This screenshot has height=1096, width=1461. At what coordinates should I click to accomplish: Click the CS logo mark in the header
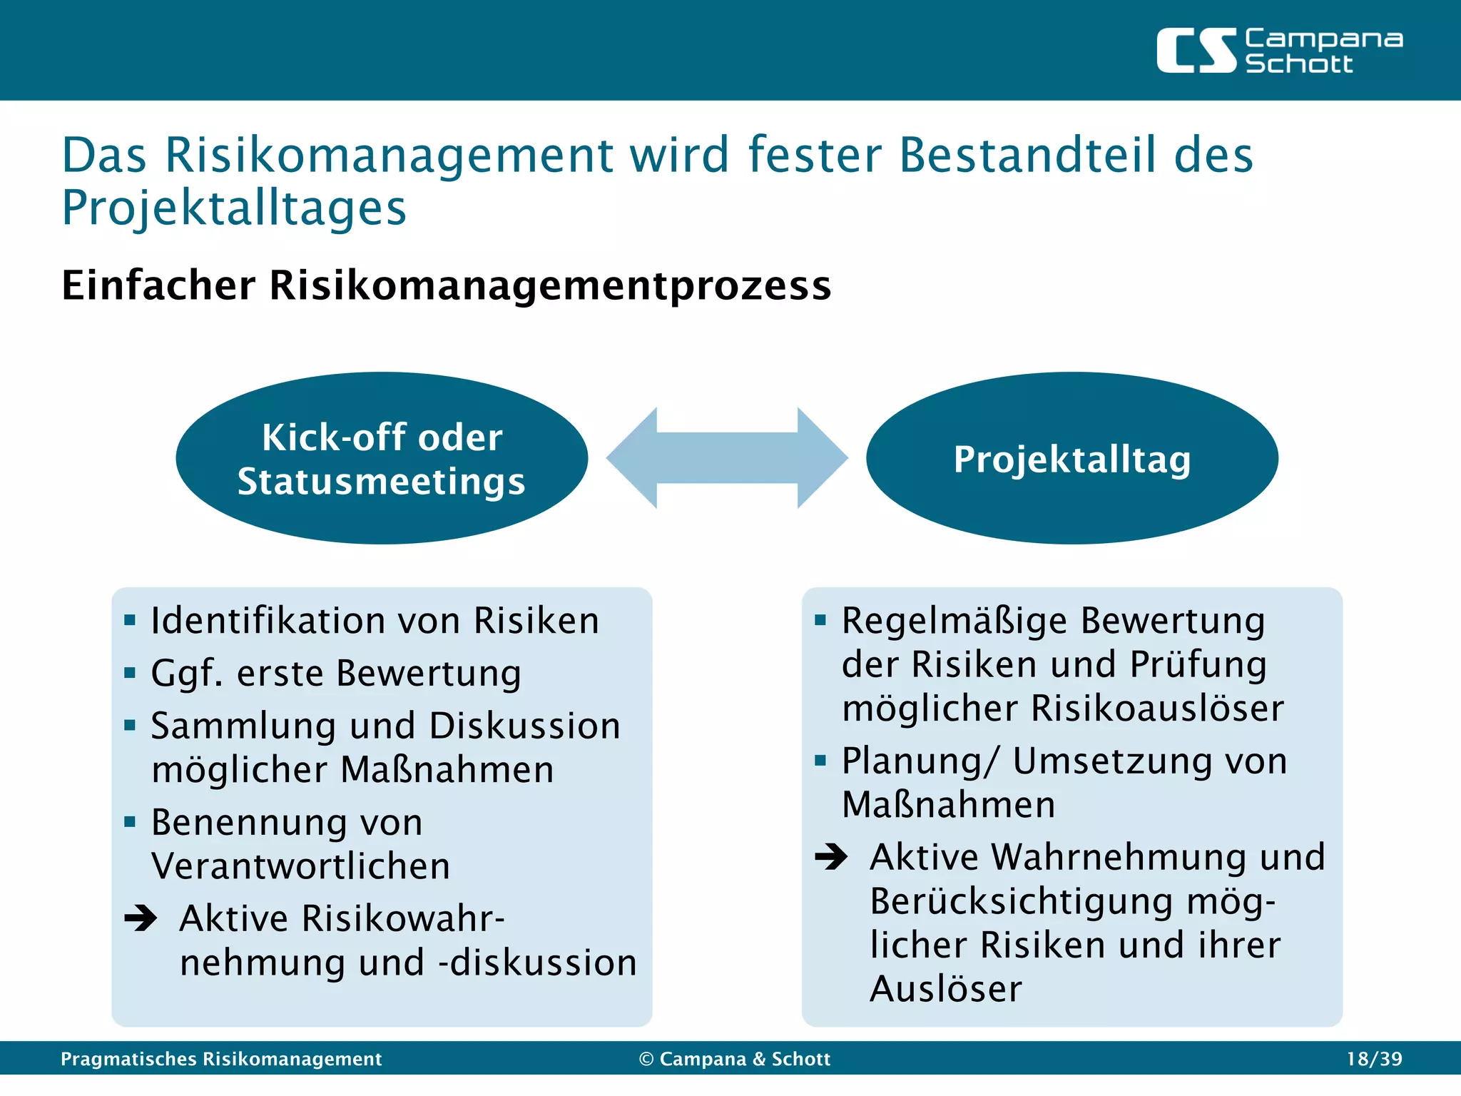(x=1196, y=51)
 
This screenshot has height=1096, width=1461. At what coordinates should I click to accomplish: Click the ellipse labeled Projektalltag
(x=1071, y=458)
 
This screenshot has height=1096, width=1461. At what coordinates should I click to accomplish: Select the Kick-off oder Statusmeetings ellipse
(x=382, y=458)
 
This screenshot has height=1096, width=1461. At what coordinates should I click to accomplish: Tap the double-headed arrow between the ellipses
(x=727, y=458)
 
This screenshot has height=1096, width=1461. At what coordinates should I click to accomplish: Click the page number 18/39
(x=1374, y=1059)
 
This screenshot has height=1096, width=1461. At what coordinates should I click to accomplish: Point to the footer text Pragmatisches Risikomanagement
(x=221, y=1059)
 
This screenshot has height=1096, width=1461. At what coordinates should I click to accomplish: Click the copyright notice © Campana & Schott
(x=735, y=1059)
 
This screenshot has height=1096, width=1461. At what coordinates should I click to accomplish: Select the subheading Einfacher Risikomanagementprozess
(x=447, y=285)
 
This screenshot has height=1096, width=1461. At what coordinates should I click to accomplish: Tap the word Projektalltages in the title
(x=234, y=208)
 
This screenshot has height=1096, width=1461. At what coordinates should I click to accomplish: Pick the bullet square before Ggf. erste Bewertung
(x=130, y=673)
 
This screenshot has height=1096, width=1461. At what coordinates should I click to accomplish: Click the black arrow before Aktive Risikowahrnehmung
(x=141, y=918)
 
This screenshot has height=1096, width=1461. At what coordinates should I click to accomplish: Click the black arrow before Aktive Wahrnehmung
(x=831, y=856)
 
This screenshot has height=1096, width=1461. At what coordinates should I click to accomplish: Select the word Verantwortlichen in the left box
(x=300, y=866)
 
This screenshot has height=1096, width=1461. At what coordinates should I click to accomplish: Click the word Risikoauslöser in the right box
(x=1157, y=709)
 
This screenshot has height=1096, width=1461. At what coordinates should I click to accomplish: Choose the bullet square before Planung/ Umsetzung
(x=820, y=761)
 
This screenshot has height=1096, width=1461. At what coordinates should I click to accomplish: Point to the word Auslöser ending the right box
(x=946, y=989)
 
